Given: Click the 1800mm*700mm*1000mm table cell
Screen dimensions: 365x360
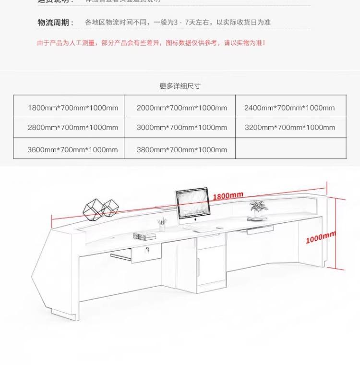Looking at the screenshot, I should click(72, 108).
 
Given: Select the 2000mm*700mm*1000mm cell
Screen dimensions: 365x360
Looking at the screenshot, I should click(181, 108).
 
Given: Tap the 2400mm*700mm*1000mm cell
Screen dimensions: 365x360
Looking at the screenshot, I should click(289, 108).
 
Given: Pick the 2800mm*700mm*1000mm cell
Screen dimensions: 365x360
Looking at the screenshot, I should click(72, 127).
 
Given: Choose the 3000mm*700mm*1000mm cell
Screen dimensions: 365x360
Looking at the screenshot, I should click(181, 127).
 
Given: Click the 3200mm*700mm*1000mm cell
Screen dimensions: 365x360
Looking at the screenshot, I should click(289, 127).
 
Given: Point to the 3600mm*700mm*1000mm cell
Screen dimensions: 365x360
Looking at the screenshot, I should click(72, 149).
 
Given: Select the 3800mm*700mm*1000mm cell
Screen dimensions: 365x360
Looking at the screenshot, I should click(181, 149).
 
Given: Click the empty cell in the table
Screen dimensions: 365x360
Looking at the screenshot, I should click(290, 148).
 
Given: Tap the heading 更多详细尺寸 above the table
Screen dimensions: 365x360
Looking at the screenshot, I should click(180, 86).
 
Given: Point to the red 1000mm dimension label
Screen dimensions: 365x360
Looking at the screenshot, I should click(321, 237).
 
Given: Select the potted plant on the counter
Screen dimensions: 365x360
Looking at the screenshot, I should click(257, 207).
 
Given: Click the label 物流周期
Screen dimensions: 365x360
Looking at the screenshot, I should click(56, 23).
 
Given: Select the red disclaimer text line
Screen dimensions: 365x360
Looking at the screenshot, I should click(151, 43).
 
